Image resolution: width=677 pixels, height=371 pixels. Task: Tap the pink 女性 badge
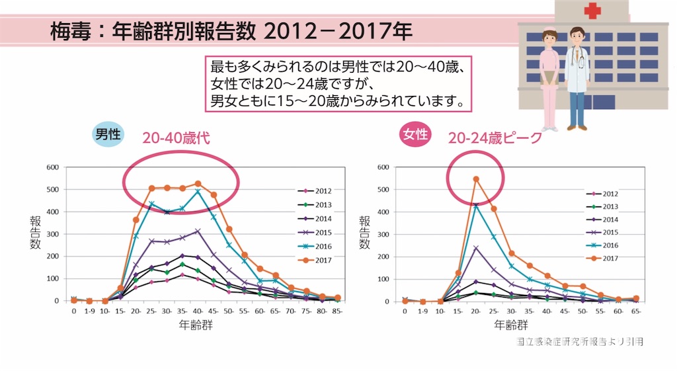click(415, 135)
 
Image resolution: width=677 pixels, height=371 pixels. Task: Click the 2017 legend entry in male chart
click(315, 260)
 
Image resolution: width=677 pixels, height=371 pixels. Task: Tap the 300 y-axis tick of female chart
click(382, 234)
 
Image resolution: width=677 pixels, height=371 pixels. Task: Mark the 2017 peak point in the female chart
click(476, 179)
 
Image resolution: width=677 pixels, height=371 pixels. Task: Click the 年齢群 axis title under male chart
click(196, 325)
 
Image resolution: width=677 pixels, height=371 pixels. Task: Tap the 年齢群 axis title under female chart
click(511, 325)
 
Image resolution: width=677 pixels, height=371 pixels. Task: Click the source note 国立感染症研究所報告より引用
click(580, 342)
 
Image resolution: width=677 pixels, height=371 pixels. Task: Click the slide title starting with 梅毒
click(231, 31)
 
